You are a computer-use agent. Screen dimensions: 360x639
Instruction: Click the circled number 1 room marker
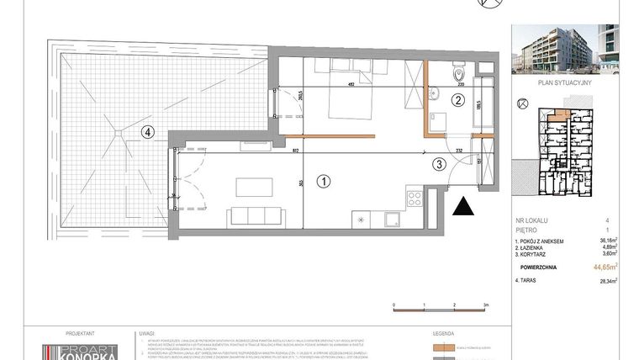[x=322, y=179]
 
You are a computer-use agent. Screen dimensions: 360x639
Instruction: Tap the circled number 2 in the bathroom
[x=457, y=100]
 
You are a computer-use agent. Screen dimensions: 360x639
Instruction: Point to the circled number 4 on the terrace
[x=147, y=130]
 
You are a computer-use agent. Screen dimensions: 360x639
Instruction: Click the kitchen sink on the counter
[x=393, y=220]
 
